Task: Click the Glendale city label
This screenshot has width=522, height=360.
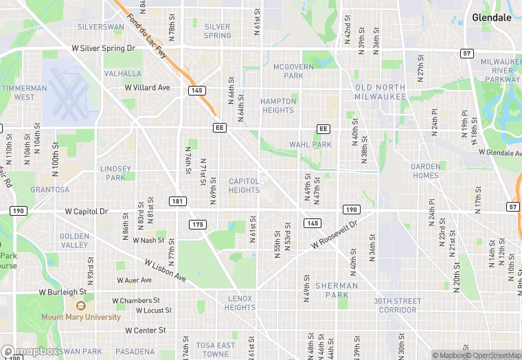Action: pos(492,18)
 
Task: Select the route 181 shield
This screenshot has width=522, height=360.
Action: pos(178,201)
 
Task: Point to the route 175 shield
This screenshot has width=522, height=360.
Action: pos(198,225)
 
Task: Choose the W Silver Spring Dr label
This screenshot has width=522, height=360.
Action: pos(104,49)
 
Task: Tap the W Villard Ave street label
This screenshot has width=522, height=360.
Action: pos(147,88)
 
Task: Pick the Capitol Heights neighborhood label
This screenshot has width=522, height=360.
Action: pos(244,185)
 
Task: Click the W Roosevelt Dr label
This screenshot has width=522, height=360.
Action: pos(334,235)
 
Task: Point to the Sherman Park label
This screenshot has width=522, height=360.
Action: pos(337,290)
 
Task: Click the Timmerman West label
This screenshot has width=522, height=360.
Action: pos(24,92)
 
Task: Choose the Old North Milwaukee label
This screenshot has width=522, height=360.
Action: pos(381,92)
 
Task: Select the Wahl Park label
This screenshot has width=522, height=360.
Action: pos(310,145)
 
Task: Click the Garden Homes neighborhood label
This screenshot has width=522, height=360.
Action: pos(425,171)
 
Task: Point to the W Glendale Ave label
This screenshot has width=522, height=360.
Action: pos(499,153)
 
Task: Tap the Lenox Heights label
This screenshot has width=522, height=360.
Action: pos(240,303)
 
